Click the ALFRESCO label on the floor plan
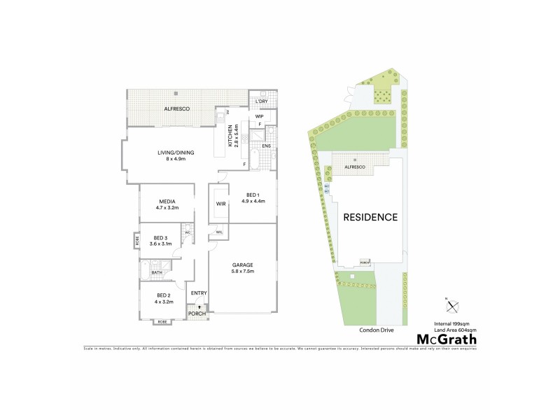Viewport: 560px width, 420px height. [x=174, y=109]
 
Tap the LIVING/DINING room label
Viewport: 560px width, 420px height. [x=175, y=153]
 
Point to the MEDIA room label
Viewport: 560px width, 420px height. [x=167, y=202]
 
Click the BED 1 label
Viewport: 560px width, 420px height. [x=253, y=195]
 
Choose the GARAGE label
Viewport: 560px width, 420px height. [x=243, y=265]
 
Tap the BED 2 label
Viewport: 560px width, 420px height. [x=164, y=296]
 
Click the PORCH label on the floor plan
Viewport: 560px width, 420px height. [x=198, y=313]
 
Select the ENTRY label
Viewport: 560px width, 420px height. [x=198, y=293]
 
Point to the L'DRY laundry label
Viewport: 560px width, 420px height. [x=261, y=102]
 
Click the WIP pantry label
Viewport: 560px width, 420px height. [x=259, y=116]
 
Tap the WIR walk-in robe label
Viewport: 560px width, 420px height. [x=220, y=205]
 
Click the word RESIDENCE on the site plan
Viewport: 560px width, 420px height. [x=370, y=217]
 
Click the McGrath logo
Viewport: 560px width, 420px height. [x=447, y=339]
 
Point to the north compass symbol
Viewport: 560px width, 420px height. [x=453, y=305]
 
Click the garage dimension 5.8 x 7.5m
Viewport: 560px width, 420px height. [x=243, y=271]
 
